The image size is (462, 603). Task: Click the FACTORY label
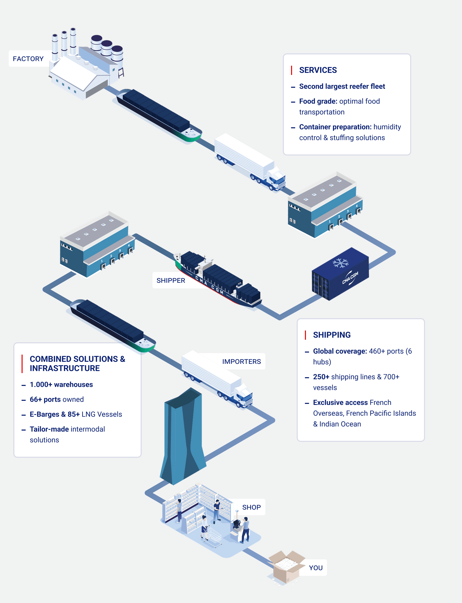click(28, 59)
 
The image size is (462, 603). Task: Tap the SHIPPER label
click(170, 280)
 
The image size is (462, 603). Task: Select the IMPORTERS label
click(241, 361)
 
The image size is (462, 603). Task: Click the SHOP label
click(251, 507)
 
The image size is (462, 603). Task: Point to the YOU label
click(315, 568)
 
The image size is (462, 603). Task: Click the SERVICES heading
click(318, 70)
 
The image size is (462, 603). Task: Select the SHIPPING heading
click(332, 335)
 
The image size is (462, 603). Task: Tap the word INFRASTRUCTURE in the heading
click(65, 368)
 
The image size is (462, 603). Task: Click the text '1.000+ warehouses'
click(61, 384)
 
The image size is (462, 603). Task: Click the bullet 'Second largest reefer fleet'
click(342, 86)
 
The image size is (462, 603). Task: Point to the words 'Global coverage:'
click(340, 351)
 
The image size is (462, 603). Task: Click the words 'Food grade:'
click(318, 101)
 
